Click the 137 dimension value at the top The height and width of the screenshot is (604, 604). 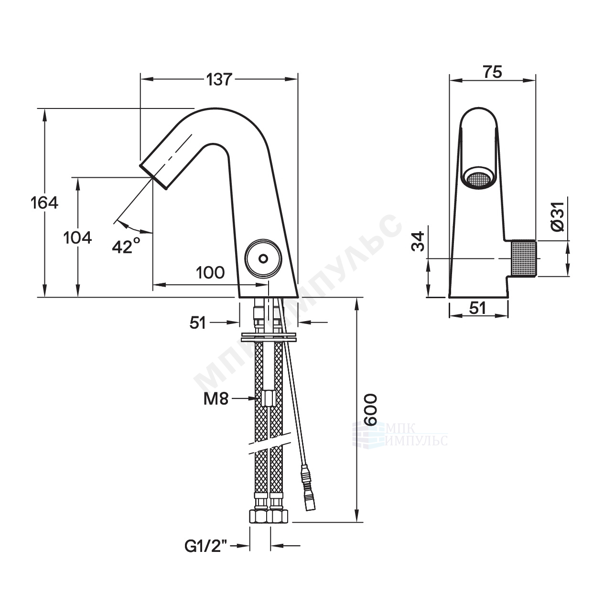[x=219, y=79]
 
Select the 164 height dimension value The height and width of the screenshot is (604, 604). [x=44, y=203]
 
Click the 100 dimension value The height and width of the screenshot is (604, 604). [x=210, y=273]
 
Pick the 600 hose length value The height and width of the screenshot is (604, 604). [x=370, y=410]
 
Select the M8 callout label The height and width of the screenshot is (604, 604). [x=214, y=398]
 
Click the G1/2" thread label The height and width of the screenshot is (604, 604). [x=207, y=546]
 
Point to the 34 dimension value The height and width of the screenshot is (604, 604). [x=418, y=241]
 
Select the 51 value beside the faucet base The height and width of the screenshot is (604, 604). [x=198, y=323]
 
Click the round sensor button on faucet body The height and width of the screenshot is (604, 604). [x=262, y=258]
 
